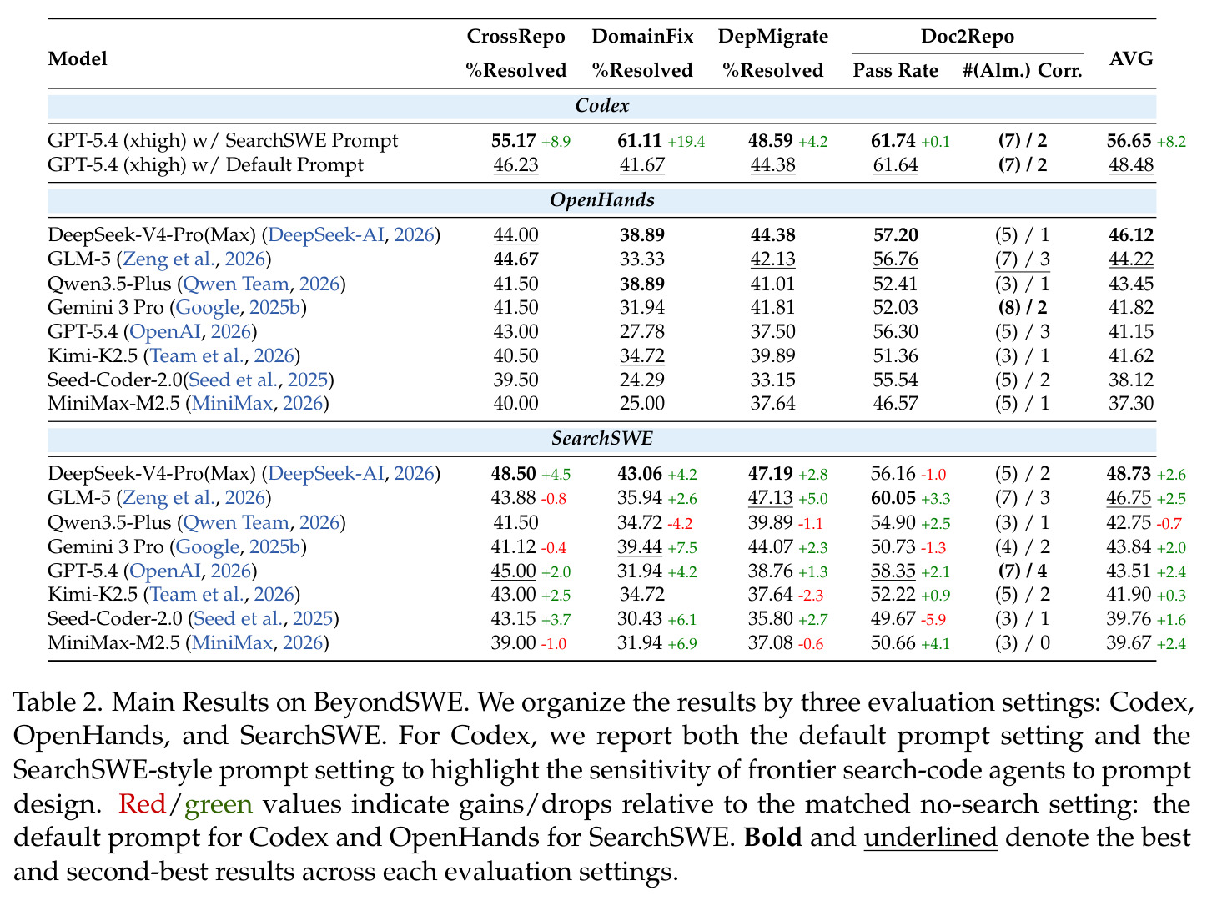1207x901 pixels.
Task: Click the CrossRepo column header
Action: (515, 36)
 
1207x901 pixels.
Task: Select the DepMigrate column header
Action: (772, 36)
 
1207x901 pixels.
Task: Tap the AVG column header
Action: (1130, 58)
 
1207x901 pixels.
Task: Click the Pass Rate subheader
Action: (895, 70)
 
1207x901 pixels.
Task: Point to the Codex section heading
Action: (602, 106)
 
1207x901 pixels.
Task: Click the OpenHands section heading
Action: (602, 199)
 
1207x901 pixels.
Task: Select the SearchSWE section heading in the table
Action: (602, 438)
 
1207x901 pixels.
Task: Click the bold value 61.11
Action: (639, 141)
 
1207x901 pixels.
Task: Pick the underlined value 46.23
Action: (515, 165)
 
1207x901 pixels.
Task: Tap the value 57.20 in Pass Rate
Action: (895, 235)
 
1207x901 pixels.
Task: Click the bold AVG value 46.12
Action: (1130, 235)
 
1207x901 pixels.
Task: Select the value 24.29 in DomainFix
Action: (641, 380)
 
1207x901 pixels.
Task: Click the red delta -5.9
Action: (933, 620)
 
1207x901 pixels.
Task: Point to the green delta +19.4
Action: (686, 142)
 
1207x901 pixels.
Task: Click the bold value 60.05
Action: (893, 498)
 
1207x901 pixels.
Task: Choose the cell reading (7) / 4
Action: (1023, 571)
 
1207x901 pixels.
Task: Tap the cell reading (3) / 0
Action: (1023, 643)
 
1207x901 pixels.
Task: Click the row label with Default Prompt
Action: (205, 165)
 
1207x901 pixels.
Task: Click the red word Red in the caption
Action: (142, 804)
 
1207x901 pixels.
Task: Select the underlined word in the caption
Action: (930, 838)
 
